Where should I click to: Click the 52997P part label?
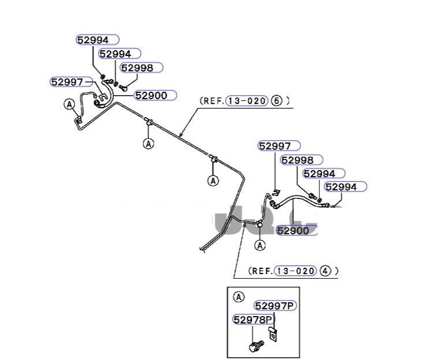coord(275,306)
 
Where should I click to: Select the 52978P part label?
coord(253,319)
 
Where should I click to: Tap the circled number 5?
coord(277,101)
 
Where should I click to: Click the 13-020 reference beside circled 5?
coord(247,101)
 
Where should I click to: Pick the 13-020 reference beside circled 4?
coord(296,271)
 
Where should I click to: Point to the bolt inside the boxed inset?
coord(254,346)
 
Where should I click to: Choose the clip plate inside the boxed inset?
coord(273,333)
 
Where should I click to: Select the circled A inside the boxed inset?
coord(239,297)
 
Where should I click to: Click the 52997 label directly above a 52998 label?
coord(279,147)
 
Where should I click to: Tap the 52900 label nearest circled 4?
coord(297,231)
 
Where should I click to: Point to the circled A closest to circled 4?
coord(260,246)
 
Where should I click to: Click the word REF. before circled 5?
coord(212,101)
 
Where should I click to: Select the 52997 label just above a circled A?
coord(67,82)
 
